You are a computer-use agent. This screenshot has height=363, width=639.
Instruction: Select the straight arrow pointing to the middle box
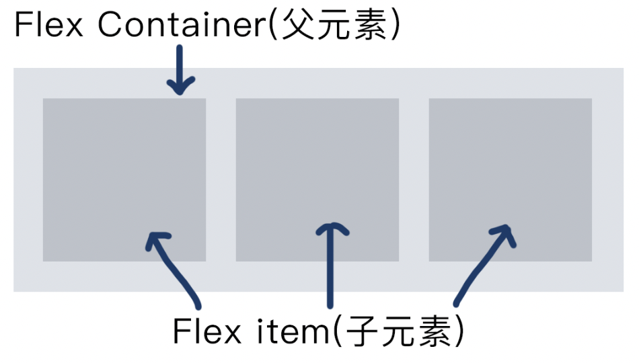pyautogui.click(x=330, y=269)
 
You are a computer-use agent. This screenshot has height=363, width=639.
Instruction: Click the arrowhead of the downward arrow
pyautogui.click(x=180, y=87)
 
